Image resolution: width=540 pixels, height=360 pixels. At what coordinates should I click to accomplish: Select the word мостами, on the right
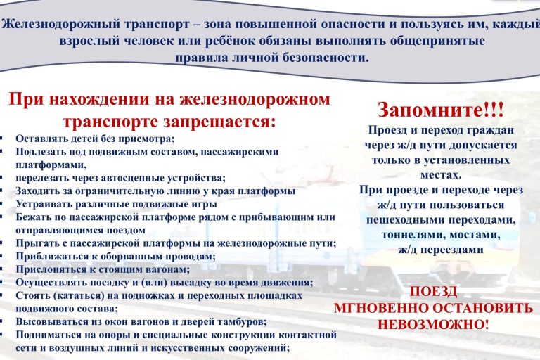(472, 234)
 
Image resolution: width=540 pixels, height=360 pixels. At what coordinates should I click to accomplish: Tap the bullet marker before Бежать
(4, 217)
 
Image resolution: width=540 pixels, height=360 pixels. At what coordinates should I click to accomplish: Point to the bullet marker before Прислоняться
(4, 269)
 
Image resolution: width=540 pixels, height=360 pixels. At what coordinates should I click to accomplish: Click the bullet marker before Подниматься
(4, 335)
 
